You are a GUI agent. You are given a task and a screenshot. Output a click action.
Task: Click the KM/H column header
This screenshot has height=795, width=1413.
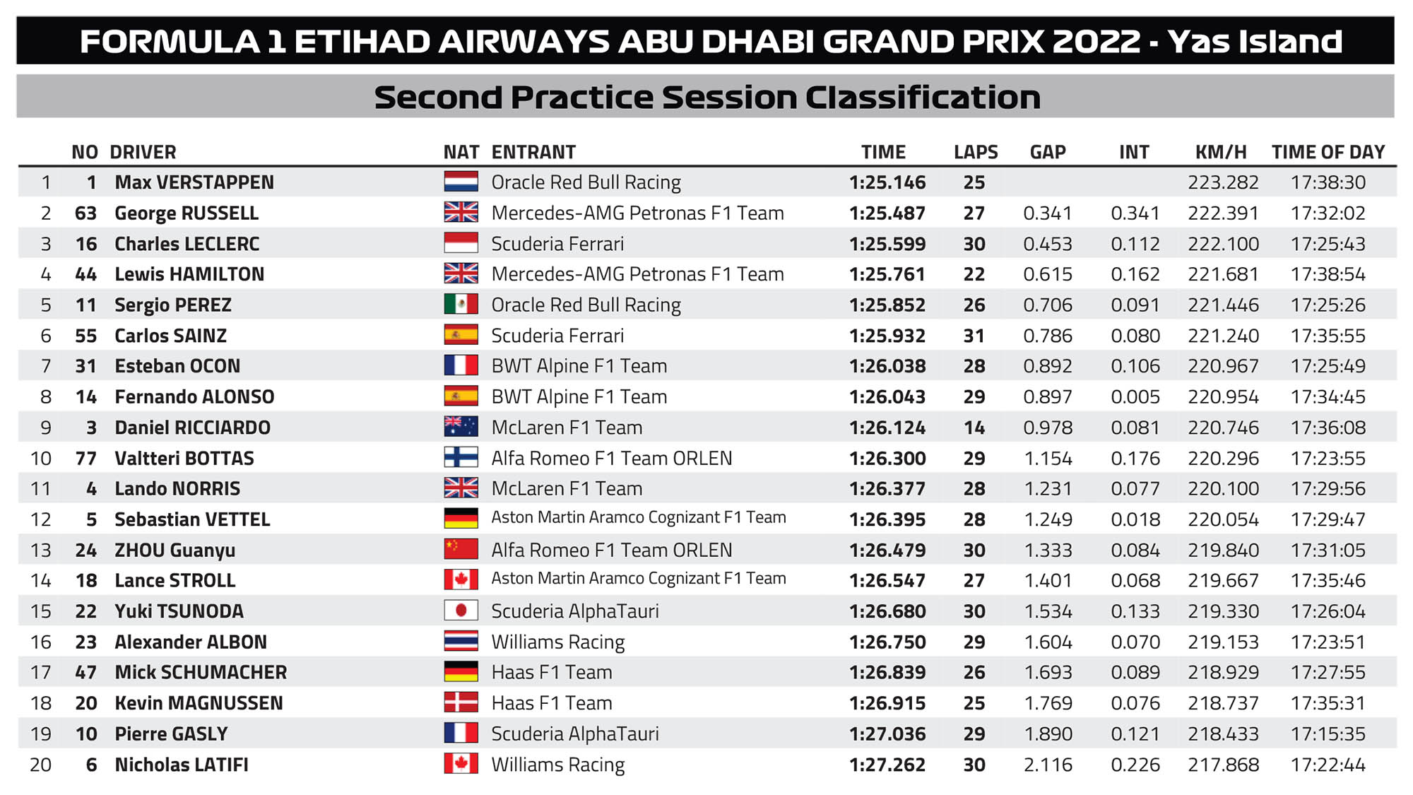[x=1221, y=152]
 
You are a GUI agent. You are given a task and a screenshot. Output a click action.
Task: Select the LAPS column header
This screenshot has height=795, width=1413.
[x=976, y=152]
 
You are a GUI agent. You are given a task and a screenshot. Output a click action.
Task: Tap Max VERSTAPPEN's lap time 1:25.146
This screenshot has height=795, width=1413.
[x=887, y=182]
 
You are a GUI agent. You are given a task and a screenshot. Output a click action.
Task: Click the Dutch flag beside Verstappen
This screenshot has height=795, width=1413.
[x=461, y=182]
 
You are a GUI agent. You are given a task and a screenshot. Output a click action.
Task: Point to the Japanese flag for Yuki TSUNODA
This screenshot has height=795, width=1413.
[x=461, y=611]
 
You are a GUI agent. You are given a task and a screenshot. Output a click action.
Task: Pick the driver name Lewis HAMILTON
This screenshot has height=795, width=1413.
[x=189, y=274]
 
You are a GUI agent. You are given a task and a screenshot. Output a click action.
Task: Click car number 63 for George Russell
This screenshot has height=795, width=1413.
[x=85, y=213]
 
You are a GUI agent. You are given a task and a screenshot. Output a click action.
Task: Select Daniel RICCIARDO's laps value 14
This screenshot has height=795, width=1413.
[x=974, y=428]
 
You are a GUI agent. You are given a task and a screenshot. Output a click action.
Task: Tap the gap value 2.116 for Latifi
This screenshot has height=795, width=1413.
[x=1048, y=765]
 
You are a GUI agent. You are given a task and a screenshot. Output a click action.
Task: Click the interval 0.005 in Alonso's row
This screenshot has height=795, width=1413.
[x=1135, y=396]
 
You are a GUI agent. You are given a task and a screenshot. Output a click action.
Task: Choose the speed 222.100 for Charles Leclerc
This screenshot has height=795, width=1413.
[x=1223, y=244]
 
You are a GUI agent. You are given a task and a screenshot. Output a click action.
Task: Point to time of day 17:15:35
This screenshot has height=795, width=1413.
[x=1328, y=734]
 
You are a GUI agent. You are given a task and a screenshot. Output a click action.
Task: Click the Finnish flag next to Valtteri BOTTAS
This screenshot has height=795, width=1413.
[x=461, y=457]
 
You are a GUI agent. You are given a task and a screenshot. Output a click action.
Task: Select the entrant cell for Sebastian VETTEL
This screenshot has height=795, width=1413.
[x=639, y=517]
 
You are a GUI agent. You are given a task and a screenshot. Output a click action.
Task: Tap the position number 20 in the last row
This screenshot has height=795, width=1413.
[x=40, y=765]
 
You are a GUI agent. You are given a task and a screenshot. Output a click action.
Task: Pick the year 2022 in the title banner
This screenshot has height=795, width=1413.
[x=1096, y=42]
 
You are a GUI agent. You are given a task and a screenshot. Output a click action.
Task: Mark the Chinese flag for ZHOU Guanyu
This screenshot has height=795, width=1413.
[x=461, y=549]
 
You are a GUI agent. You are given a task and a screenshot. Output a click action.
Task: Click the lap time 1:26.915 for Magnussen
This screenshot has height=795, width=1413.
[x=887, y=703]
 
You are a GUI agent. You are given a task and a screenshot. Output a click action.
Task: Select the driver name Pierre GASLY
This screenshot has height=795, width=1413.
[x=172, y=734]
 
